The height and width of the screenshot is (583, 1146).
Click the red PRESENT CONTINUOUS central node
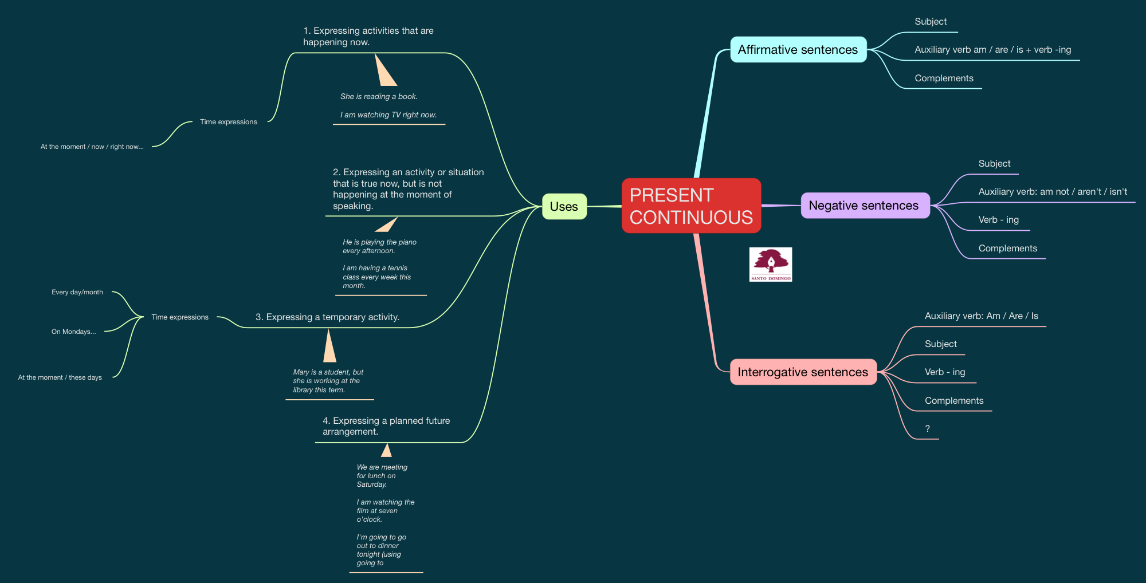691,206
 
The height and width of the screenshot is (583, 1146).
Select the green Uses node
564,207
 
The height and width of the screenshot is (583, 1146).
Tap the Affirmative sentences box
798,50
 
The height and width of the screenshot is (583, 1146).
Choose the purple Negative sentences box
864,206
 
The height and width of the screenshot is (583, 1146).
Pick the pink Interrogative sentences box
803,372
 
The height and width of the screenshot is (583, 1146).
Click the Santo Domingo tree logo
771,264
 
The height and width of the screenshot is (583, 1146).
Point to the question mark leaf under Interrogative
927,429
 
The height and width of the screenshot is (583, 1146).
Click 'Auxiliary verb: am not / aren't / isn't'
1053,192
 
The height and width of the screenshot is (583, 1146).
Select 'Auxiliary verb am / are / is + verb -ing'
992,50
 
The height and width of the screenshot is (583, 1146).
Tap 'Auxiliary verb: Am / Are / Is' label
981,316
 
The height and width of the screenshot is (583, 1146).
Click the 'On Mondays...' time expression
73,332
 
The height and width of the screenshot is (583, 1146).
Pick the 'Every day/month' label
77,292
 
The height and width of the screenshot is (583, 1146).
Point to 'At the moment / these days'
60,377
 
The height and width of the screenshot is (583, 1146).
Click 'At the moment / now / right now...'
92,147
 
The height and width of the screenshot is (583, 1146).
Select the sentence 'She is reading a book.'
379,97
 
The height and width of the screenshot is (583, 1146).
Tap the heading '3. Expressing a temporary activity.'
327,317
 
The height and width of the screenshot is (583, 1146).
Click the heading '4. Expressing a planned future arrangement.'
386,426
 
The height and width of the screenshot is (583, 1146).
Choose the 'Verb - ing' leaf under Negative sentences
998,220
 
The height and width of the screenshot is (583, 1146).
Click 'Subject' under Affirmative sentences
930,22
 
